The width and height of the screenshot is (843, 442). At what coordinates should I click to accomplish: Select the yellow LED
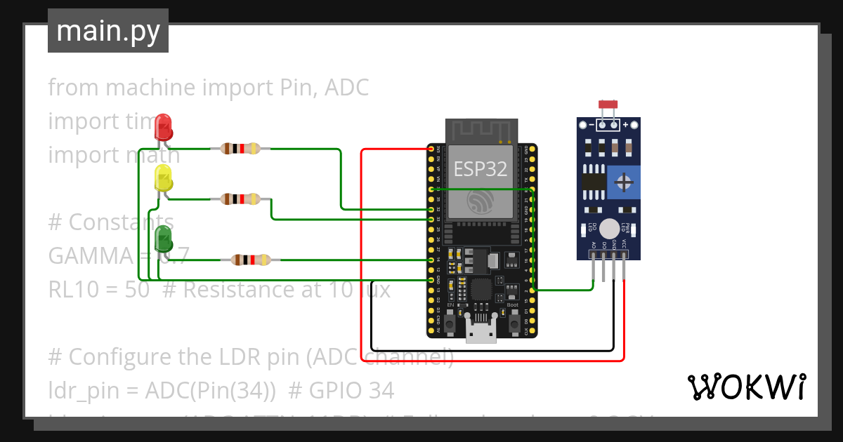(x=163, y=178)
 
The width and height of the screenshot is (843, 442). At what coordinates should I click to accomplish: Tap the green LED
(x=163, y=239)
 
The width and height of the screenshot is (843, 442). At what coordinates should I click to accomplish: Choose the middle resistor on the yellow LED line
(x=240, y=199)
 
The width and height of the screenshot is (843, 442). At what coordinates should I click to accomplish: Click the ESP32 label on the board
(x=481, y=168)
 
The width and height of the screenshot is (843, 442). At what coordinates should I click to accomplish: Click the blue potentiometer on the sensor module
(x=622, y=183)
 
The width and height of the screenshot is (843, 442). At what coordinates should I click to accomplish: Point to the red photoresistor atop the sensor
(x=608, y=105)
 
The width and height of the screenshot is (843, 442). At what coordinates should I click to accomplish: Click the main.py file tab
(x=108, y=31)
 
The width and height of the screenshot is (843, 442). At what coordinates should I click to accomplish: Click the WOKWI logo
(x=746, y=387)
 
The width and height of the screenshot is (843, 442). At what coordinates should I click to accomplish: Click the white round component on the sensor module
(x=610, y=228)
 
